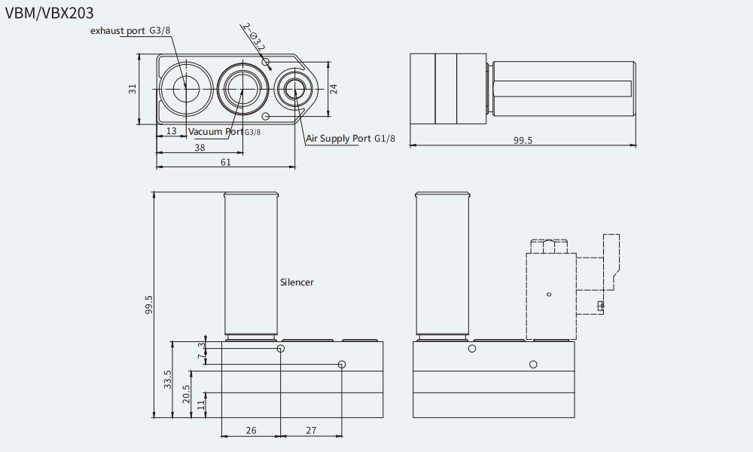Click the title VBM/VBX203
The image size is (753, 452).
[49, 13]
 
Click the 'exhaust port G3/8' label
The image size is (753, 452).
[130, 31]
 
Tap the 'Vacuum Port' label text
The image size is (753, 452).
[215, 131]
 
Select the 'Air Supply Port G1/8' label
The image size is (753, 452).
[351, 139]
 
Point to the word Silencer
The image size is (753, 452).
[297, 282]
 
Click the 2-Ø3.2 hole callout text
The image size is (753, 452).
[254, 37]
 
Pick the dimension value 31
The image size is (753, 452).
[133, 89]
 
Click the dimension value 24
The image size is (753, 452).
[334, 89]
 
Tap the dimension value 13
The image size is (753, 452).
[172, 130]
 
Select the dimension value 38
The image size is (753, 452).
[200, 148]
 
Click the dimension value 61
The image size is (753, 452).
[226, 163]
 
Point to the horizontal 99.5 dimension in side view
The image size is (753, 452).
[523, 140]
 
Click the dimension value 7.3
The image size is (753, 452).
[202, 350]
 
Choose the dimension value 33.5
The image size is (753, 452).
[167, 379]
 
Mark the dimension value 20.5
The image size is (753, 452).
[186, 394]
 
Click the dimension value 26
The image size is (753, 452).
[252, 430]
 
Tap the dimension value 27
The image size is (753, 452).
[311, 430]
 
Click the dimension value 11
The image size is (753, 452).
[201, 405]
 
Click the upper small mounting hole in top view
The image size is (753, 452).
[266, 62]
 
